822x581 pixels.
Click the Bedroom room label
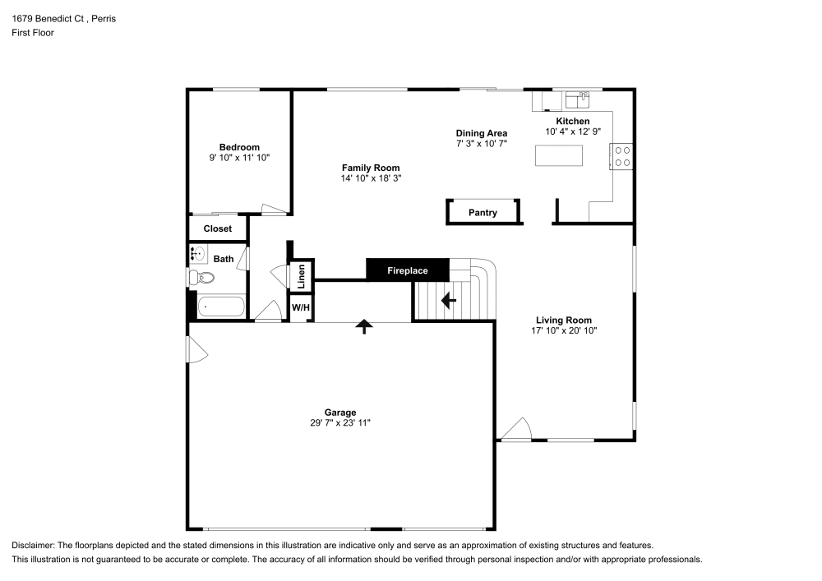coord(239,147)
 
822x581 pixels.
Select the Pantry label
coord(483,213)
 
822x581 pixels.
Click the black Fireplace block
coord(408,270)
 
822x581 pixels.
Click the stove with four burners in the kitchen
coord(622,156)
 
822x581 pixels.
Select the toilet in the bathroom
coord(201,279)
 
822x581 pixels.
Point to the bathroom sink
coord(198,253)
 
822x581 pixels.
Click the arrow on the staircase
coord(449,301)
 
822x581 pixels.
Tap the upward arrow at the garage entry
coord(363,326)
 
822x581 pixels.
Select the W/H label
coord(300,307)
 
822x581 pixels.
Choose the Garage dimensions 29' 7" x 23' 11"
coord(339,422)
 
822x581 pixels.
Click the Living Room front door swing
coord(519,429)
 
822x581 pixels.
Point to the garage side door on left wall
coord(197,350)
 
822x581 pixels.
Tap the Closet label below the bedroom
coord(218,228)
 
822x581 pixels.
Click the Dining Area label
coord(482,132)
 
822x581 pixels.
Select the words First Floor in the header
coord(33,33)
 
